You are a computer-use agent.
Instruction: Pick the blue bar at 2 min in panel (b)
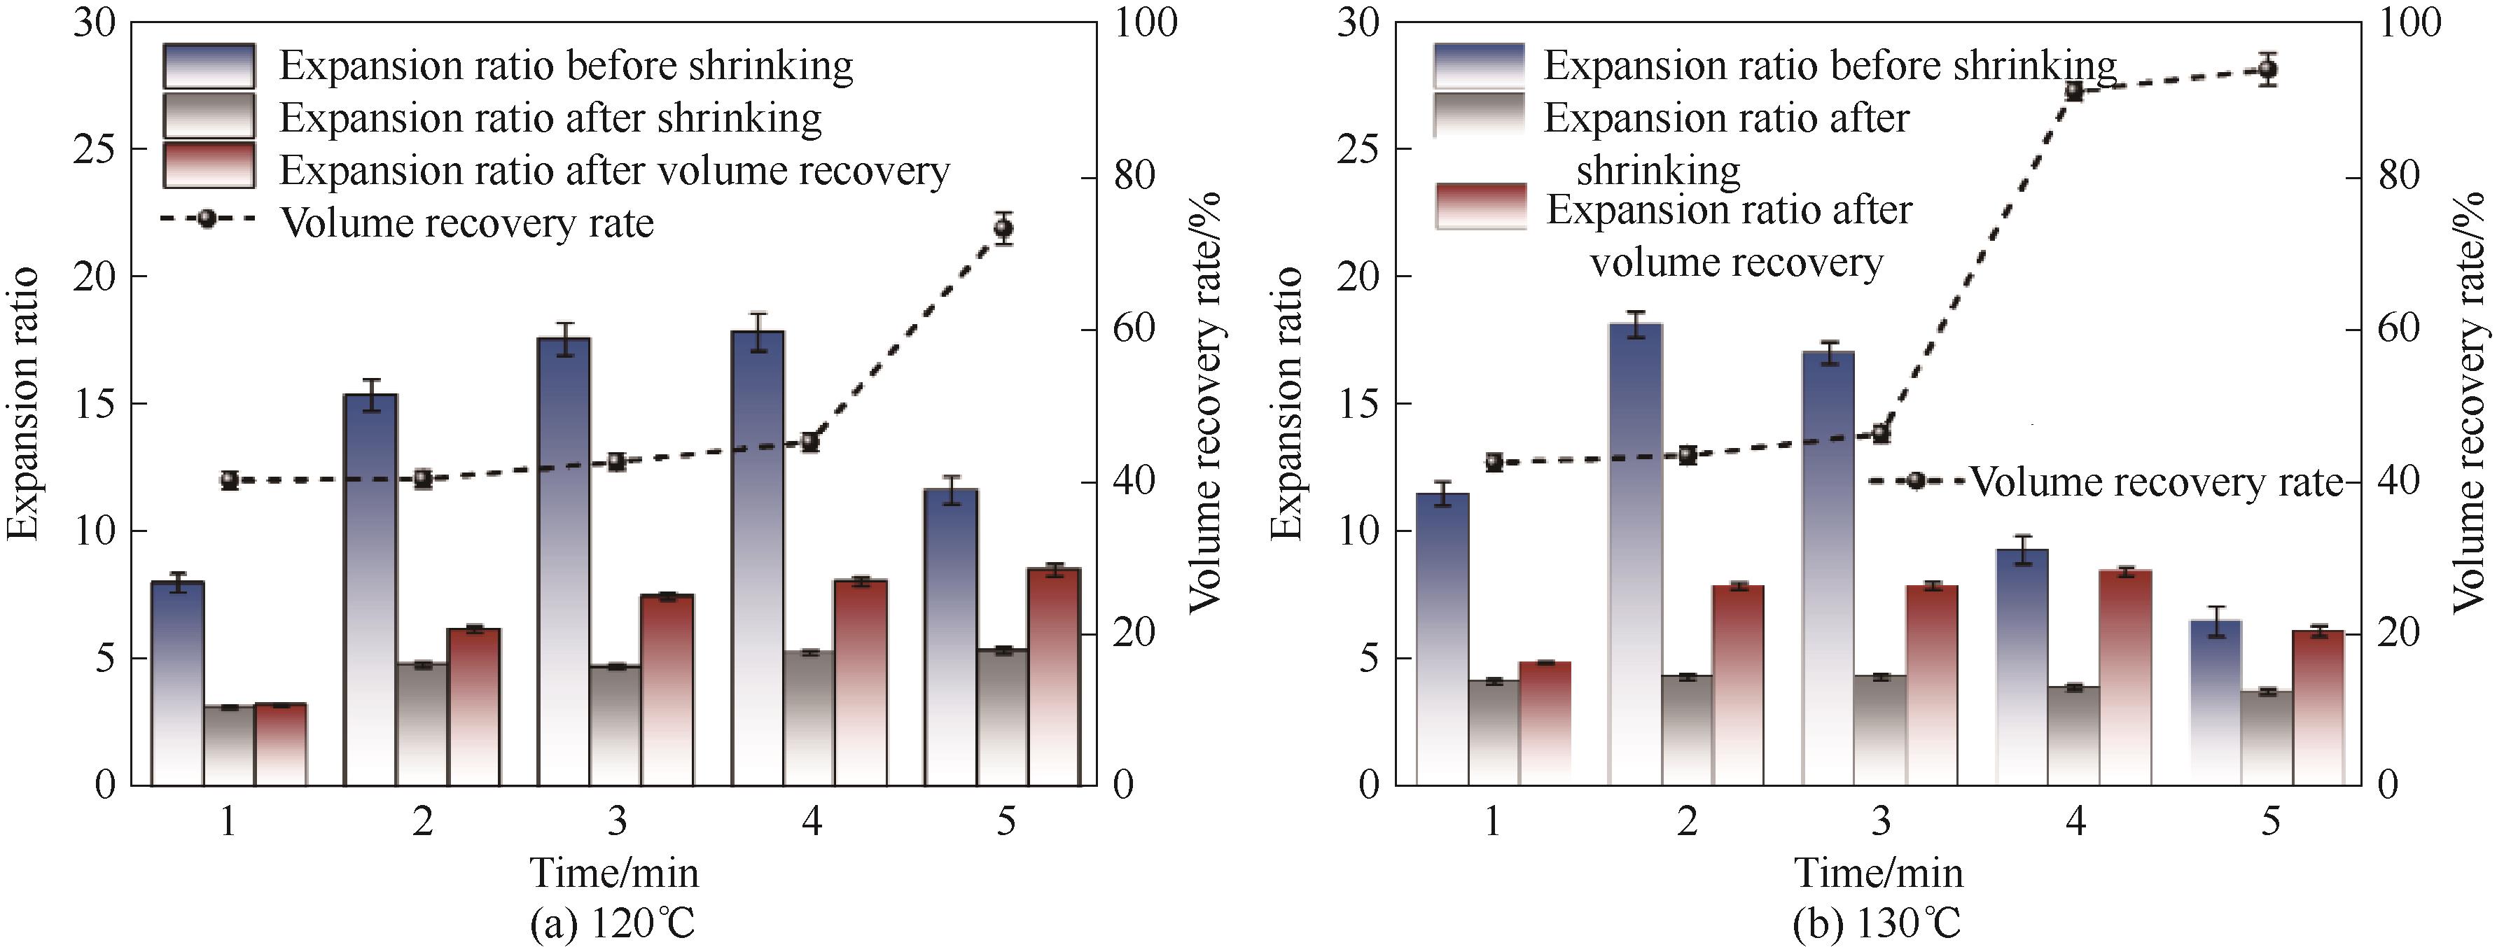click(1635, 552)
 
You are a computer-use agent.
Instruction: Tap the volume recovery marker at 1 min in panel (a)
click(229, 480)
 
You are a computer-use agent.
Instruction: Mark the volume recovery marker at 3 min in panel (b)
click(1881, 433)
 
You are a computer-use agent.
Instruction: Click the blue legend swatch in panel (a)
click(209, 66)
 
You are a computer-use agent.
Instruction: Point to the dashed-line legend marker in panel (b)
click(1915, 481)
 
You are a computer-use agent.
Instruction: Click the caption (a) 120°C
click(613, 924)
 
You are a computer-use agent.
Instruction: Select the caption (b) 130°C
click(1877, 924)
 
